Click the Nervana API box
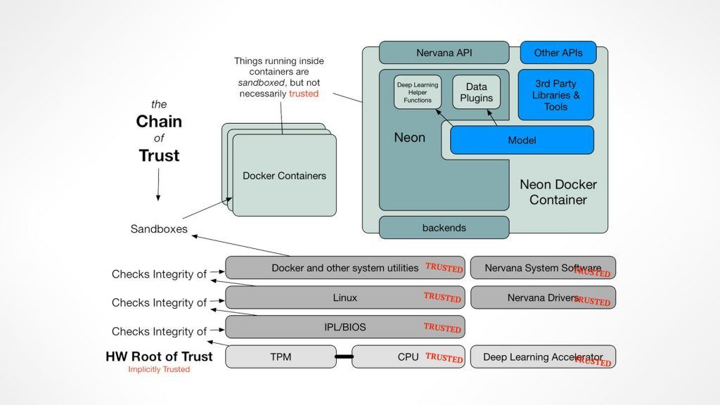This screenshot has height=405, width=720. click(444, 53)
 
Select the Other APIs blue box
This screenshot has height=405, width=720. click(556, 53)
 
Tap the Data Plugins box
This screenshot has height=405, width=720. click(476, 93)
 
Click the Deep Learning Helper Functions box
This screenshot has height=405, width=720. click(418, 93)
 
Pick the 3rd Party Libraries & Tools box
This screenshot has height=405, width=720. click(555, 95)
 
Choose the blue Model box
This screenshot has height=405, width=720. click(521, 140)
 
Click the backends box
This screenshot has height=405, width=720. click(444, 228)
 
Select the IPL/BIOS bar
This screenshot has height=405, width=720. click(345, 327)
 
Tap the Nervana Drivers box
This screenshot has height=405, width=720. click(542, 297)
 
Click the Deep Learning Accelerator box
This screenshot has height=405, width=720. click(542, 357)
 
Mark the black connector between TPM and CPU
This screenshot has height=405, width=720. click(342, 358)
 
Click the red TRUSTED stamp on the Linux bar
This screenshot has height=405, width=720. click(442, 297)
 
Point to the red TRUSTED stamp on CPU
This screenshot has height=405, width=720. click(444, 358)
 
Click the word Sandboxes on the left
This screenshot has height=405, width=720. click(159, 229)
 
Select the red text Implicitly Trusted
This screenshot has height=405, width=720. click(159, 370)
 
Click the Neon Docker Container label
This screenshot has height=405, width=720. click(558, 192)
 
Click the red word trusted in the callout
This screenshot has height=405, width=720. click(304, 94)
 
